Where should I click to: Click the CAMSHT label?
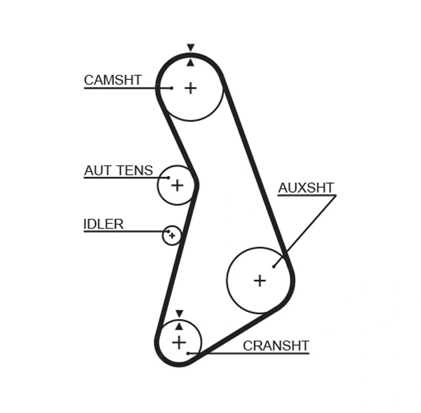[x=112, y=80]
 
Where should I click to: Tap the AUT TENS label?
[x=118, y=170]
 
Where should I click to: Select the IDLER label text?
[x=103, y=224]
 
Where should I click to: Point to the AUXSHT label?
[x=306, y=188]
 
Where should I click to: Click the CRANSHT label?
[x=276, y=346]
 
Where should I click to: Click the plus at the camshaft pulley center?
[x=190, y=88]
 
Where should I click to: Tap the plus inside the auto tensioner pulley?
[x=177, y=185]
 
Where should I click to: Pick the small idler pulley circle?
[x=172, y=236]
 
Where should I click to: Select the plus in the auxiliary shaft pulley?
[x=260, y=280]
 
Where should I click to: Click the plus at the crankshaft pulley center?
[x=179, y=342]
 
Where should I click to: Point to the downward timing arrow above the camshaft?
[x=190, y=48]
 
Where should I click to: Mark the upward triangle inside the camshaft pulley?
[x=190, y=62]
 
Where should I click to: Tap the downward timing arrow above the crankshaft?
[x=179, y=313]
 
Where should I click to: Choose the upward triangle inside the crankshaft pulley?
[x=179, y=326]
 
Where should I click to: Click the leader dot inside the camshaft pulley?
[x=171, y=88]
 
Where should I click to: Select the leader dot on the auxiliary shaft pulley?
[x=274, y=266]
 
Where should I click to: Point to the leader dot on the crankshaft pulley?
[x=188, y=353]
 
